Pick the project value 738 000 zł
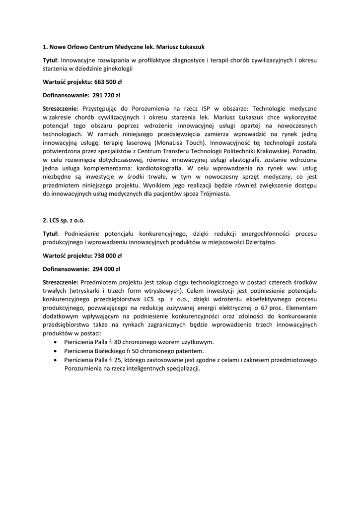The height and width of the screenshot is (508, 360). point(108,256)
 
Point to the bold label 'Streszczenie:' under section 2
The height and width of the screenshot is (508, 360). point(61,282)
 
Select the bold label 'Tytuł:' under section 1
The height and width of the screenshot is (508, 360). point(51,60)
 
